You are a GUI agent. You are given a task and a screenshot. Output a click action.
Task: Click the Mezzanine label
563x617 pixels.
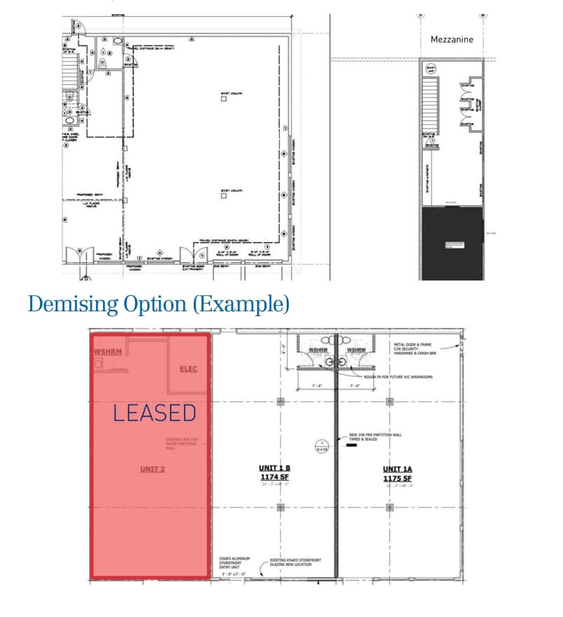[451, 40]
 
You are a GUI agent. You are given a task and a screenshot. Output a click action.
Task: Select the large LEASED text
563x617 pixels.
[155, 413]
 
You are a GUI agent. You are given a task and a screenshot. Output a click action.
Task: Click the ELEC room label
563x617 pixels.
[188, 369]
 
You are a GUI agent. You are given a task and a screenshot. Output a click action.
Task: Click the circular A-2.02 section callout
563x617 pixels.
[320, 445]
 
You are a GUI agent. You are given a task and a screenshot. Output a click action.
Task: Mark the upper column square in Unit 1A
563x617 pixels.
[390, 402]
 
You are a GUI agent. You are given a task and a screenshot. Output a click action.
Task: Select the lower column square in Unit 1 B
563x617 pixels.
[280, 507]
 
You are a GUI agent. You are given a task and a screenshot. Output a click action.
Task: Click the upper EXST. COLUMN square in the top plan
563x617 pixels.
[223, 99]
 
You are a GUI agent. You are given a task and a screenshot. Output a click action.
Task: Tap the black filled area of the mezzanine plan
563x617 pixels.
[452, 243]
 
